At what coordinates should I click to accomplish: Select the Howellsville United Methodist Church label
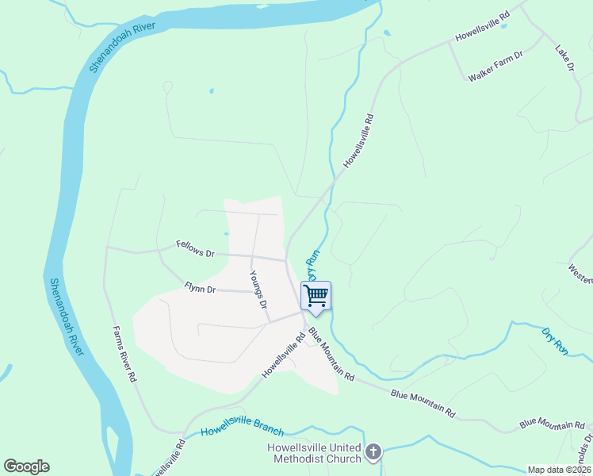pyautogui.click(x=314, y=453)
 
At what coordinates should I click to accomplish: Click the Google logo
pyautogui.click(x=26, y=466)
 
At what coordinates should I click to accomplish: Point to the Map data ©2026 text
pyautogui.click(x=559, y=470)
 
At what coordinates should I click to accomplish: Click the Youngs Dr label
pyautogui.click(x=258, y=290)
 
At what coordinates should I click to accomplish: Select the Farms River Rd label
pyautogui.click(x=123, y=355)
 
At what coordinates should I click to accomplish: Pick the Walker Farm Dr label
pyautogui.click(x=496, y=67)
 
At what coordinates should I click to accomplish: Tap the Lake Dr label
pyautogui.click(x=564, y=59)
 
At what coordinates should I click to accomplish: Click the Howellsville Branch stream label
pyautogui.click(x=242, y=427)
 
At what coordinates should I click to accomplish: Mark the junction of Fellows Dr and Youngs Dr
pyautogui.click(x=251, y=256)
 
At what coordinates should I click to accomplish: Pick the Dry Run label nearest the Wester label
pyautogui.click(x=555, y=340)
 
